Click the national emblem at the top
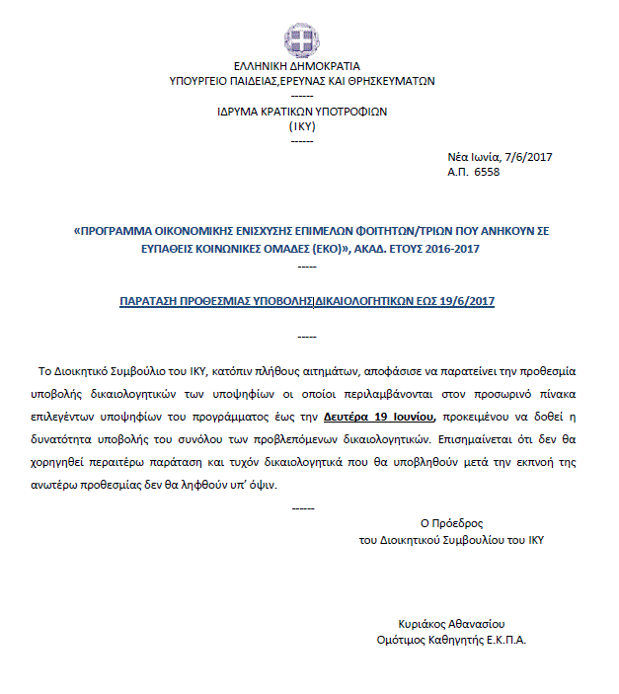pos(302,39)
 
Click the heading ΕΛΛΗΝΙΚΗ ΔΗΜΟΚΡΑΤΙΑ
pos(302,67)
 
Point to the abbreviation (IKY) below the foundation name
pos(302,126)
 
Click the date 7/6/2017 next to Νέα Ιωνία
pos(528,157)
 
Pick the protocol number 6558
pos(488,172)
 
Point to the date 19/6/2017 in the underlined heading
pos(463,302)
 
